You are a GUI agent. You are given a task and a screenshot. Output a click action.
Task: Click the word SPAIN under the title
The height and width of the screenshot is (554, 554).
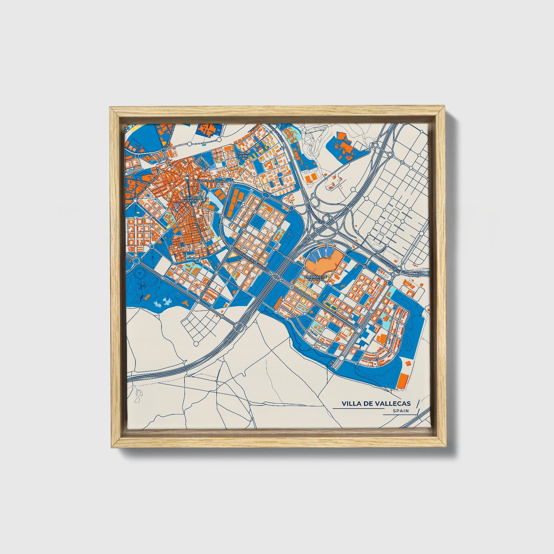pos(401,411)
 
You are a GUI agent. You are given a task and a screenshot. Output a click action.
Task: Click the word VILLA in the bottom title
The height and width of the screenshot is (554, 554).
pos(351,403)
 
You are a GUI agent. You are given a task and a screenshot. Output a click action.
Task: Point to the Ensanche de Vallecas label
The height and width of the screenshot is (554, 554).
pos(315,278)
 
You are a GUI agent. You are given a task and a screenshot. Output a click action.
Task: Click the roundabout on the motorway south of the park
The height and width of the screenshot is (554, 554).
pos(238,327)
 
